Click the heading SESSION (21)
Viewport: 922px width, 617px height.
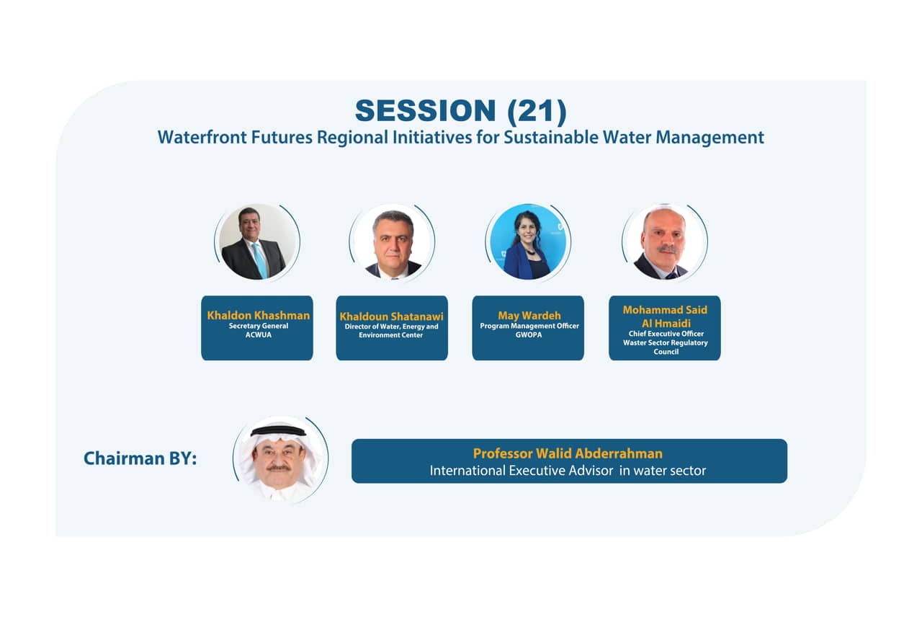(x=460, y=110)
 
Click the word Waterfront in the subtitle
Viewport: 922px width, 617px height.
(x=202, y=137)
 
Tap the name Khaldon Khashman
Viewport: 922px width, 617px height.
(x=258, y=316)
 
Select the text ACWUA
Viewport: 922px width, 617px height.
(x=259, y=335)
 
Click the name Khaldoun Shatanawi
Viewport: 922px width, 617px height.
(x=391, y=316)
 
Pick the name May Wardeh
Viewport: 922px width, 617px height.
(x=529, y=316)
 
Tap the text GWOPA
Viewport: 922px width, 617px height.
(x=529, y=335)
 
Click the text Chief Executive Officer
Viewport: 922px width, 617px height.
(x=666, y=334)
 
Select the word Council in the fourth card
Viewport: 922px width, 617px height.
(x=666, y=352)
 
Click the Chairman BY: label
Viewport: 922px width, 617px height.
(x=140, y=458)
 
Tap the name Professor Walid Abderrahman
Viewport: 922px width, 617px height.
(x=568, y=453)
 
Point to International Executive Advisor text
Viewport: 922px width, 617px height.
(x=522, y=471)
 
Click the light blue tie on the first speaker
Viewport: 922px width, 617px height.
(x=259, y=260)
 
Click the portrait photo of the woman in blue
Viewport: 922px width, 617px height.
(x=528, y=241)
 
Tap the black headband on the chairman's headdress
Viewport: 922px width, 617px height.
(x=279, y=431)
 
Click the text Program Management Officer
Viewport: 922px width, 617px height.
(x=529, y=326)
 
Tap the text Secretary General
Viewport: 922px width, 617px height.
(x=259, y=326)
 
